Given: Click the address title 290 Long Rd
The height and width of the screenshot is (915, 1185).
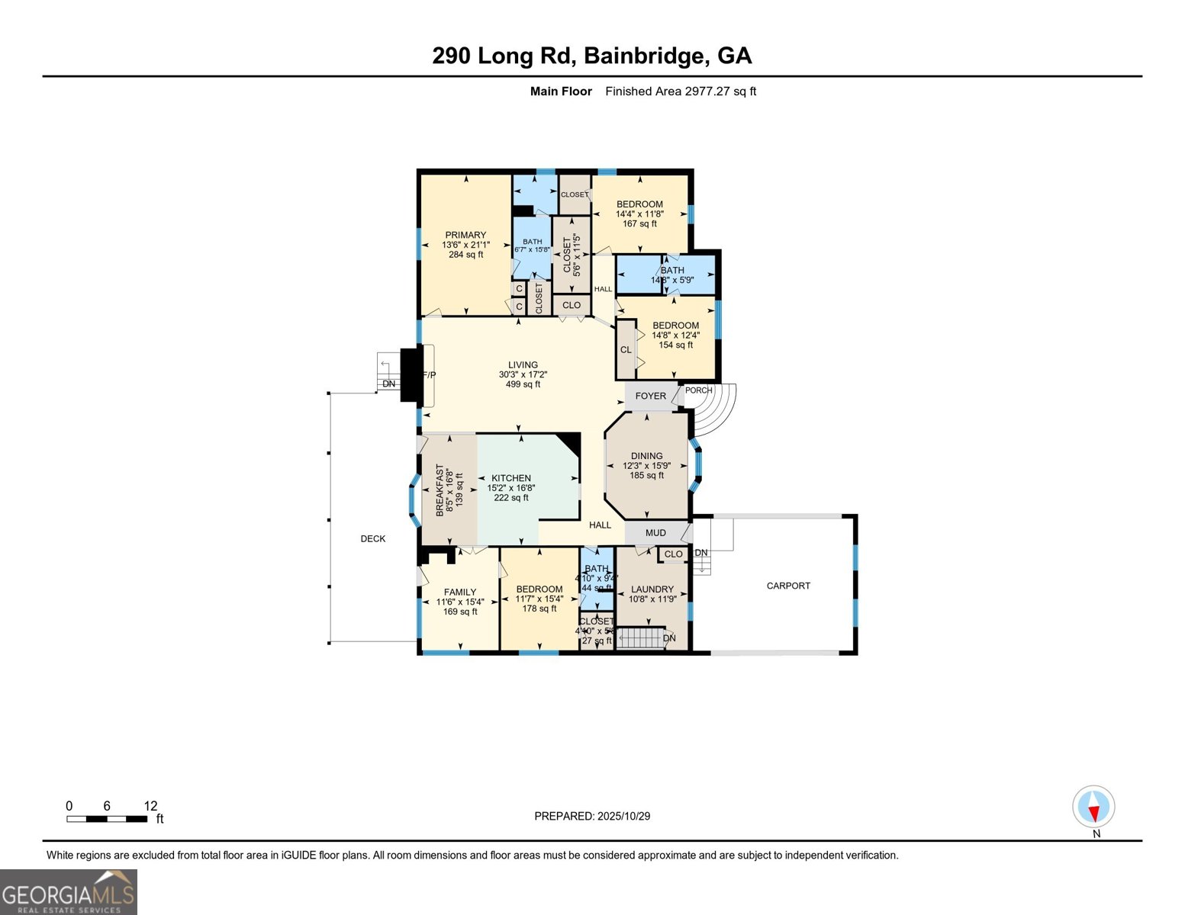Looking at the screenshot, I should [591, 56].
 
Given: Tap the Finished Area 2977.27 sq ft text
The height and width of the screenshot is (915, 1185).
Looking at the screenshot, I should [680, 91].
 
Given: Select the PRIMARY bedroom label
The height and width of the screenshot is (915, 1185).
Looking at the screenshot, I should [465, 236].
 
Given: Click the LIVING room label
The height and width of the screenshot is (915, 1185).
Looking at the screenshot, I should [523, 365].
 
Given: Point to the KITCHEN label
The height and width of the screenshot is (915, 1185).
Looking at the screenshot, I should [510, 479].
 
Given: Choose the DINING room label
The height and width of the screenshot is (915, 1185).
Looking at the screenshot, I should [646, 456].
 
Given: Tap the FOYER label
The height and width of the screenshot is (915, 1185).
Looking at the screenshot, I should [650, 396].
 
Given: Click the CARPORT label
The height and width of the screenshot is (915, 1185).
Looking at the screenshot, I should [788, 586].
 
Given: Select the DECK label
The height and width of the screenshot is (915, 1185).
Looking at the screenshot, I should [373, 539].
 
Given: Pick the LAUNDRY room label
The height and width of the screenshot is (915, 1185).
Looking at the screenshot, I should [652, 589].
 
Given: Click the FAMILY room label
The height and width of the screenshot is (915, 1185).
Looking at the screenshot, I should [460, 592].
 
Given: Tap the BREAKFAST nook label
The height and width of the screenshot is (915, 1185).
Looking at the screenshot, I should [440, 490].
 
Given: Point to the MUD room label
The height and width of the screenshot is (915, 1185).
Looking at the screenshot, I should [655, 533].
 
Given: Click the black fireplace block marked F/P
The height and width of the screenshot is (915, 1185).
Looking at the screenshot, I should [411, 374].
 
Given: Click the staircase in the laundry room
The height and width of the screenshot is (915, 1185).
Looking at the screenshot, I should [639, 637].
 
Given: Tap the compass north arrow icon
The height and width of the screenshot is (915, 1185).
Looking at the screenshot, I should [1093, 807].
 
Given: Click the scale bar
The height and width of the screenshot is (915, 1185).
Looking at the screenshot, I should [107, 819].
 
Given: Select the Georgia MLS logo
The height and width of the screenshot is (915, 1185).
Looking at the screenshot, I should [69, 892].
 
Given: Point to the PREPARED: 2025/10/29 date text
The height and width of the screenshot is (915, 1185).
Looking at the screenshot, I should [592, 816].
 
